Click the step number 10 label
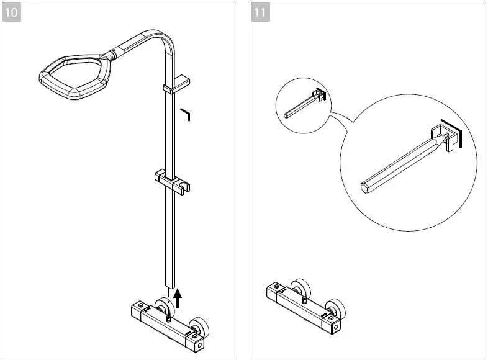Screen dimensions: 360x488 [x=12, y=12]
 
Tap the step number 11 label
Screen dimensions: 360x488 [x=261, y=12]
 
